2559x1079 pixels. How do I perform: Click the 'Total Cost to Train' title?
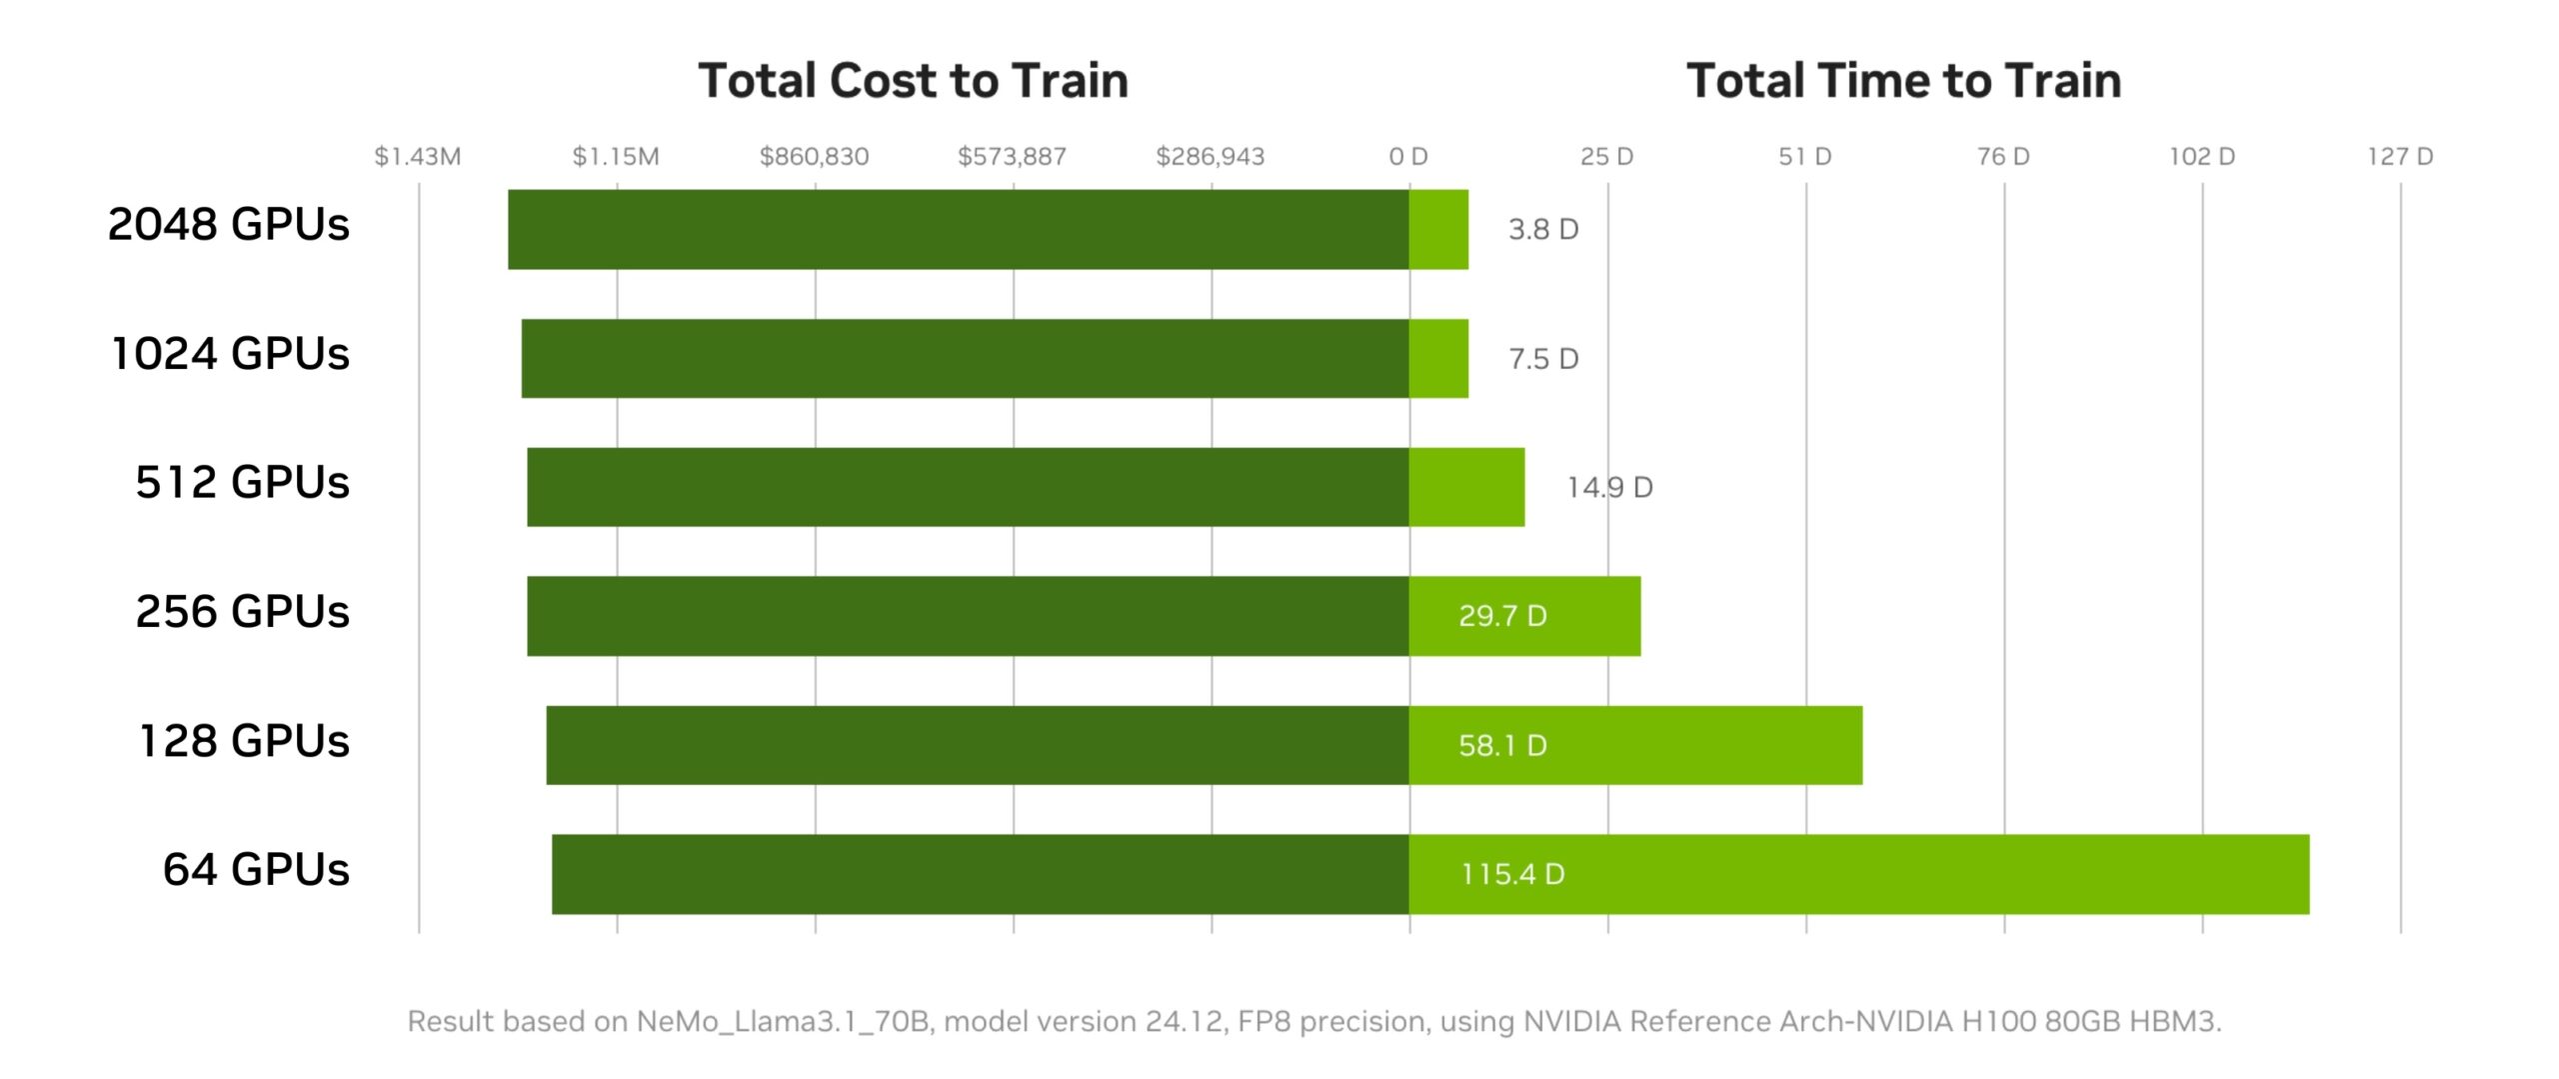click(x=913, y=80)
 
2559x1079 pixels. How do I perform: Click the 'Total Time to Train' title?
click(x=1903, y=80)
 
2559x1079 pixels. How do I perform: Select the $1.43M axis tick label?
click(x=417, y=156)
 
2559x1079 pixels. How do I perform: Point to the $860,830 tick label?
click(x=814, y=156)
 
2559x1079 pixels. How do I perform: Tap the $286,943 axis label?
click(x=1210, y=156)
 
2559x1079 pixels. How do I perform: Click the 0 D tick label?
click(x=1407, y=156)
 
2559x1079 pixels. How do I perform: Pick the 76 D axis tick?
click(x=2003, y=156)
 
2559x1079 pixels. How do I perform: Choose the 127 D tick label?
click(x=2399, y=156)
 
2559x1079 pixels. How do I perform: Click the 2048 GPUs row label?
click(x=229, y=224)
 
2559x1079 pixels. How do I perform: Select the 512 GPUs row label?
click(x=242, y=482)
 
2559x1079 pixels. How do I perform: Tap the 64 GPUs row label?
click(x=256, y=869)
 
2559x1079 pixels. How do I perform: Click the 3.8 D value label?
click(x=1543, y=229)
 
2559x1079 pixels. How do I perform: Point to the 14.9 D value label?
click(x=1609, y=487)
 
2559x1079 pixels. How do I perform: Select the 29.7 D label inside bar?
click(x=1502, y=615)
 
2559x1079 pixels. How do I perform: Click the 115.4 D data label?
click(x=1512, y=874)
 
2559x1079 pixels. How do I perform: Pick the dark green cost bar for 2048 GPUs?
click(x=958, y=229)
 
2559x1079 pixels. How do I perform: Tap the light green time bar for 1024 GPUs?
click(x=1438, y=358)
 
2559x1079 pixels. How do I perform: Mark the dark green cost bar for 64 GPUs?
click(x=980, y=874)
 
